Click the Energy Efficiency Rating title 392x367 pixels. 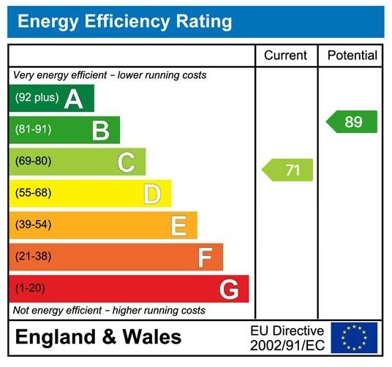[124, 21]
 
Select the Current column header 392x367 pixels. [285, 56]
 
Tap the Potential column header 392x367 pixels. [352, 56]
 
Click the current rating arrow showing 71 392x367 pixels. [288, 170]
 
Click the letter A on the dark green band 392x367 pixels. [73, 99]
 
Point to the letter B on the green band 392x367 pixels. [100, 130]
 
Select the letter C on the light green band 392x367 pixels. [126, 162]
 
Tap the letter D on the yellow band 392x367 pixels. [151, 194]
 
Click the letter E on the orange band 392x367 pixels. [178, 225]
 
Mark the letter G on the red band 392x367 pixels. [229, 290]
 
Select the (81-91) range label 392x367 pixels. [33, 130]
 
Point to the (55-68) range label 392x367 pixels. [33, 194]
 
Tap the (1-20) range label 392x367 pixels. [30, 289]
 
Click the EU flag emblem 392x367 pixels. [354, 337]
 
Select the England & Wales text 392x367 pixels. [98, 337]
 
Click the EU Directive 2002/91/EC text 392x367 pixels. [287, 337]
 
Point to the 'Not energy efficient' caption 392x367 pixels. [109, 311]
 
